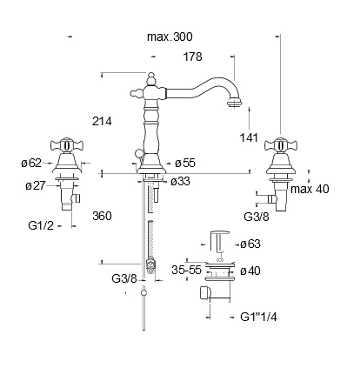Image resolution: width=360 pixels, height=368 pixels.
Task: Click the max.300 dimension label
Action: pos(170,37)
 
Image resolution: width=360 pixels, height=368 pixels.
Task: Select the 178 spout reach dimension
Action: pos(192,57)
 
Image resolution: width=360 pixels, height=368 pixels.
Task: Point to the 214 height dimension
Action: pos(102,121)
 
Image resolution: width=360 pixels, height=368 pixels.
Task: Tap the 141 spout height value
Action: pos(249,137)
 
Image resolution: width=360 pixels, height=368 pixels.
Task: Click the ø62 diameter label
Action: pos(31,163)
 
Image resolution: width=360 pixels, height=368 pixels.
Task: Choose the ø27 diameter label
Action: pos(36,185)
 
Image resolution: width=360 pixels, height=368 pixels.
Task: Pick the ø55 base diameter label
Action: pos(185,163)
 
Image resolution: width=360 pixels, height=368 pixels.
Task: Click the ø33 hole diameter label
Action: pos(180,182)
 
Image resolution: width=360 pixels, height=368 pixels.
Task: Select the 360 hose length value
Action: pos(102,216)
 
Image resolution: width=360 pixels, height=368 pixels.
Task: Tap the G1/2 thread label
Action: pos(41,225)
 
